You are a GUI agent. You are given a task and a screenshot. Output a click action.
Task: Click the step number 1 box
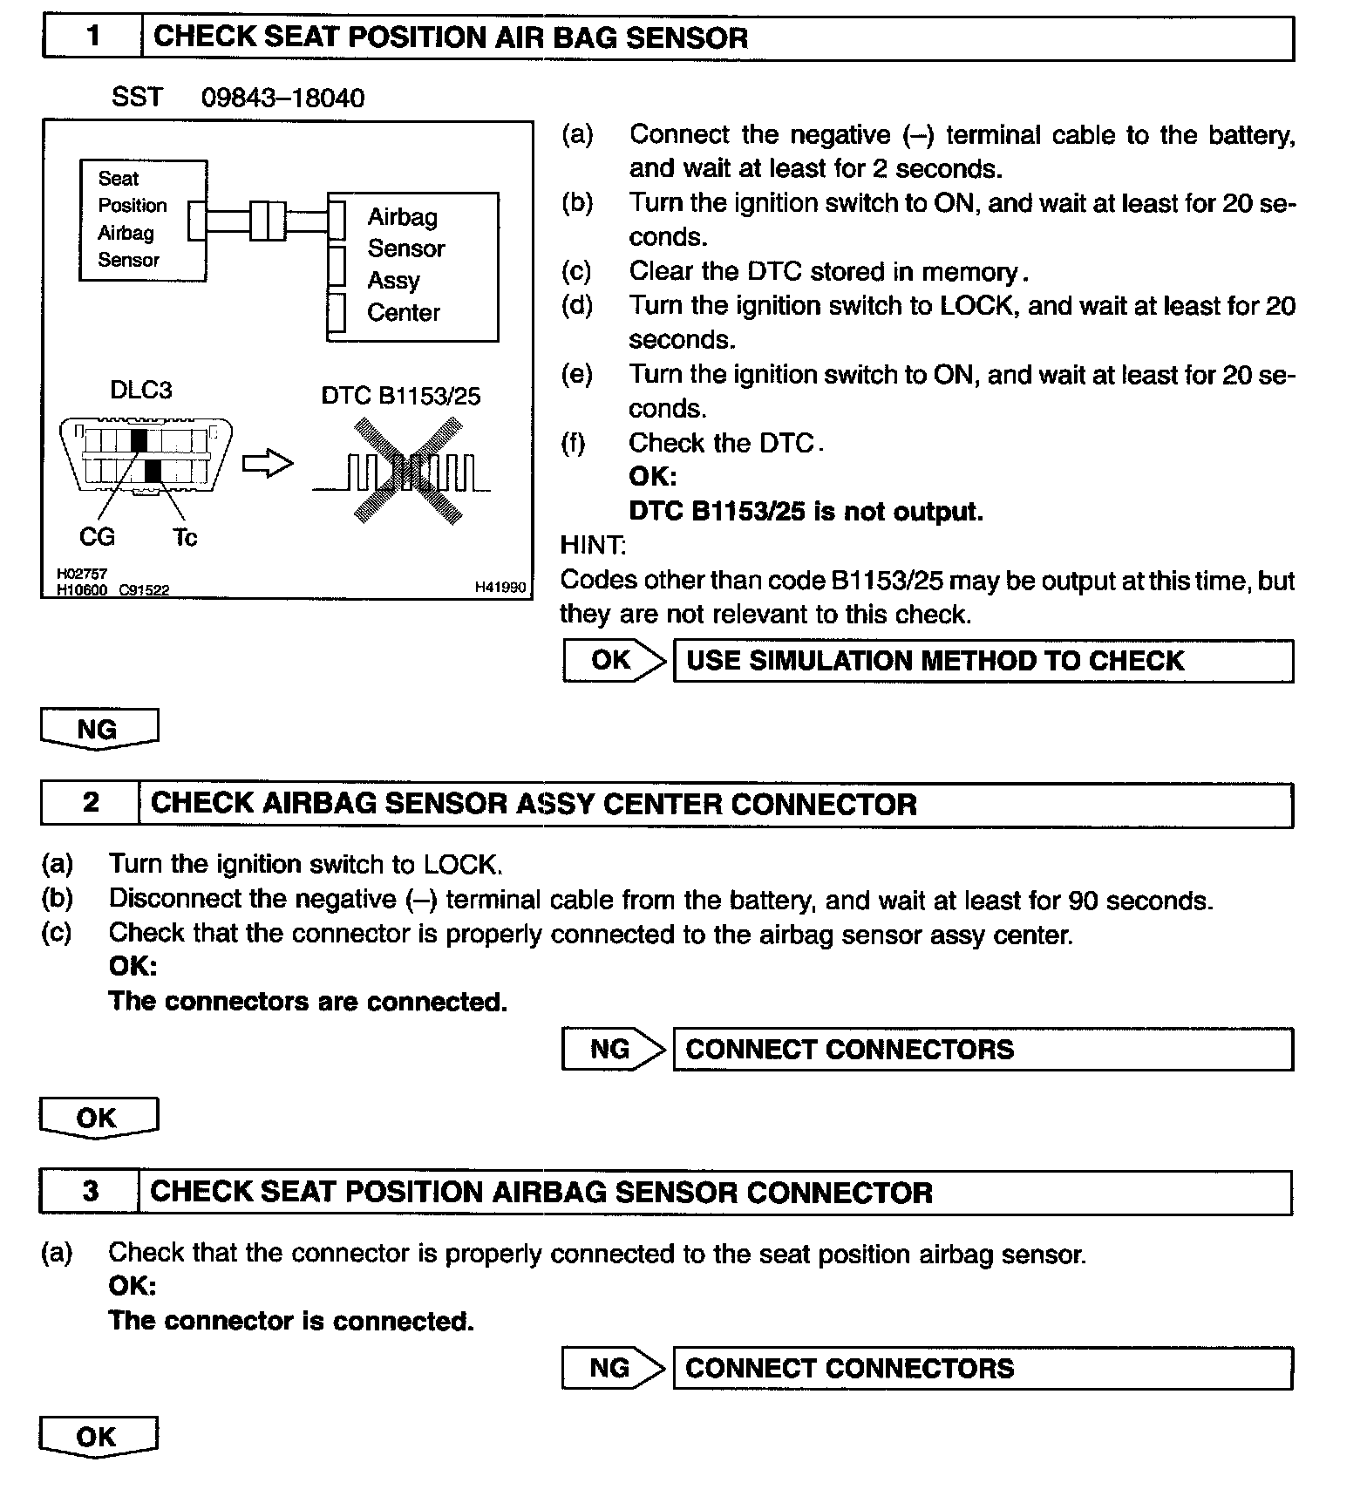[92, 37]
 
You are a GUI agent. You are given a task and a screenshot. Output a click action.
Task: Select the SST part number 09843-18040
[282, 98]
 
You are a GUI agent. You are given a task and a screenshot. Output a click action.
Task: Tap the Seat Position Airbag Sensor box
[142, 220]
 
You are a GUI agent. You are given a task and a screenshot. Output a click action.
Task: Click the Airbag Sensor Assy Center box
[412, 266]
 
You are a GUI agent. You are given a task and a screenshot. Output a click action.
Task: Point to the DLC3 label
[140, 390]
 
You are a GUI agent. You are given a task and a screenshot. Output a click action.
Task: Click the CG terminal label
[97, 537]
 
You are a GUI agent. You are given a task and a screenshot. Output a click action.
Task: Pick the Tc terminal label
[185, 537]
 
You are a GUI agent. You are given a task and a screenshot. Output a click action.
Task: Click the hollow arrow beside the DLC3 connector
[267, 464]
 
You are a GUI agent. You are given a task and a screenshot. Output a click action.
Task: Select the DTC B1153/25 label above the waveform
[400, 397]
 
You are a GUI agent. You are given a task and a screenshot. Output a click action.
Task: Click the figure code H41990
[500, 588]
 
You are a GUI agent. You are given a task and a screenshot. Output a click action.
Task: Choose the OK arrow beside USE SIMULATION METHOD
[614, 661]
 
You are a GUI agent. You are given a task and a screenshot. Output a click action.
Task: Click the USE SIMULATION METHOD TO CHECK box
[983, 661]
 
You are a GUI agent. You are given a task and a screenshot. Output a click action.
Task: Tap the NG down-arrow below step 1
[99, 729]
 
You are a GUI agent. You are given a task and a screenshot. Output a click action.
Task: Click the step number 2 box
[90, 803]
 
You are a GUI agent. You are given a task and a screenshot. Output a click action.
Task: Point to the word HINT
[592, 546]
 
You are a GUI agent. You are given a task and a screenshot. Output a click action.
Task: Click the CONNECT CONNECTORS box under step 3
[983, 1368]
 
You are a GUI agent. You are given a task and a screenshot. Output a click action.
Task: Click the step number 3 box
[90, 1192]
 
